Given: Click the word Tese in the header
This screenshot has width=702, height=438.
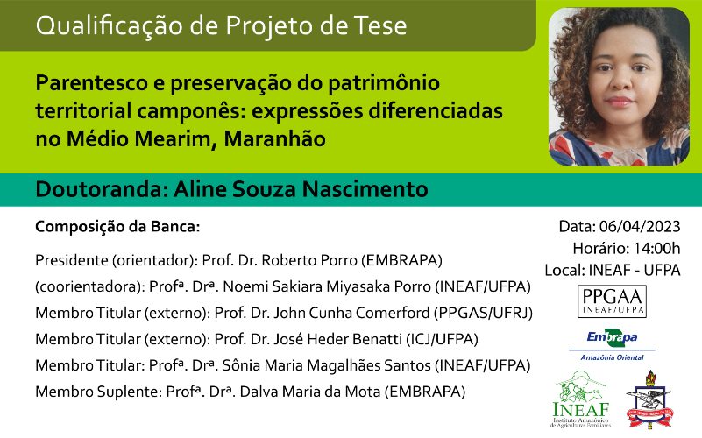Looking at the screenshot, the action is click(x=380, y=25).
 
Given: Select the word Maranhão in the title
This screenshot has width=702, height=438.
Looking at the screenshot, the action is click(x=274, y=138).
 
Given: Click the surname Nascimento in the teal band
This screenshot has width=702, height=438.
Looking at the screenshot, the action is click(x=365, y=189).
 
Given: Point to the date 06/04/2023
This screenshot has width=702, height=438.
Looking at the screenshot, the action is click(x=640, y=226).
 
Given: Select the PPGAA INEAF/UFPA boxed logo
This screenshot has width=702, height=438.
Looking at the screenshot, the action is click(x=612, y=301).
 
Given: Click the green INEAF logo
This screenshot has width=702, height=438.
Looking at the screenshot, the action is click(x=581, y=399).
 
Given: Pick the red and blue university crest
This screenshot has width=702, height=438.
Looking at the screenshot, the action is click(x=650, y=399).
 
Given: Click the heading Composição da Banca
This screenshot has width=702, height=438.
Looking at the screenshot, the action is click(x=117, y=227).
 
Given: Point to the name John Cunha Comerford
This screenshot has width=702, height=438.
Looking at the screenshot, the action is click(x=351, y=313).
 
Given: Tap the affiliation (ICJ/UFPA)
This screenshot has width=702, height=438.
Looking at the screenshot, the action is click(x=442, y=339).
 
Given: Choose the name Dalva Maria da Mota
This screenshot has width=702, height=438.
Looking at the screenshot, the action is click(x=310, y=392).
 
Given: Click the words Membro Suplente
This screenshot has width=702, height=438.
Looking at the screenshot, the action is click(x=96, y=392).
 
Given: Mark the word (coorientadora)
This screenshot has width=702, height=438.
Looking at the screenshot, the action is click(x=89, y=286).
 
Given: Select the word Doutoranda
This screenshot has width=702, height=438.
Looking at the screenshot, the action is click(x=102, y=189).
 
